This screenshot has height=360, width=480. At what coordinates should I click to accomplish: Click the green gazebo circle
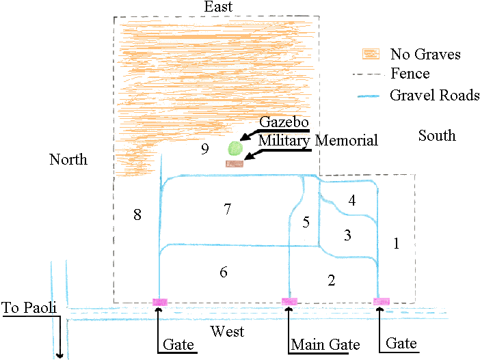pyautogui.click(x=235, y=148)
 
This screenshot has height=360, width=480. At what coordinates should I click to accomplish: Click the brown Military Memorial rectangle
pyautogui.click(x=235, y=163)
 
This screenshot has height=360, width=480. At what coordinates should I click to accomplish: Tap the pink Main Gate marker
pyautogui.click(x=290, y=301)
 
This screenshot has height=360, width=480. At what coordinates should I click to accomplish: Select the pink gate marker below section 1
pyautogui.click(x=381, y=301)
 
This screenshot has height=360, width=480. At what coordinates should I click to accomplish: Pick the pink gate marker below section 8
pyautogui.click(x=159, y=301)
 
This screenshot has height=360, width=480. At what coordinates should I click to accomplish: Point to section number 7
pyautogui.click(x=228, y=210)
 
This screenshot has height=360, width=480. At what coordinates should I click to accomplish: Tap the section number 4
pyautogui.click(x=351, y=201)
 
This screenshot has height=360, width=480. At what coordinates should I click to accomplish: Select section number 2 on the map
pyautogui.click(x=332, y=280)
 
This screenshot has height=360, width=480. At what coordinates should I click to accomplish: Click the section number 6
pyautogui.click(x=224, y=272)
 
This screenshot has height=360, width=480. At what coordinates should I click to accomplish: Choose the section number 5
pyautogui.click(x=306, y=222)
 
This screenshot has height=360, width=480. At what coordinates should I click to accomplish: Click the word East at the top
pyautogui.click(x=218, y=7)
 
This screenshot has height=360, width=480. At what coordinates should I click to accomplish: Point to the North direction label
pyautogui.click(x=68, y=160)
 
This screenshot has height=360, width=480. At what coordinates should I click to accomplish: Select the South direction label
pyautogui.click(x=437, y=136)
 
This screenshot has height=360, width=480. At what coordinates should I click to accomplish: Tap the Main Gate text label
pyautogui.click(x=325, y=344)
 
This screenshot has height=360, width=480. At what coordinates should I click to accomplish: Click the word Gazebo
pyautogui.click(x=282, y=122)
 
